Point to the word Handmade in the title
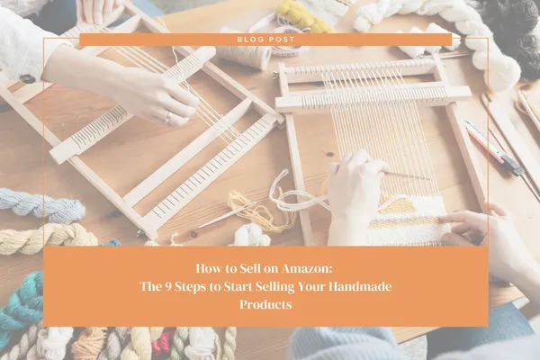tap(360, 286)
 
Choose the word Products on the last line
tap(265, 304)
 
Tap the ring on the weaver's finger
tap(167, 117)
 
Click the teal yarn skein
tap(22, 302)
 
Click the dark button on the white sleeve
tap(28, 79)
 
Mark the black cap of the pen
tap(512, 165)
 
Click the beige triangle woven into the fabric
tap(397, 205)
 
